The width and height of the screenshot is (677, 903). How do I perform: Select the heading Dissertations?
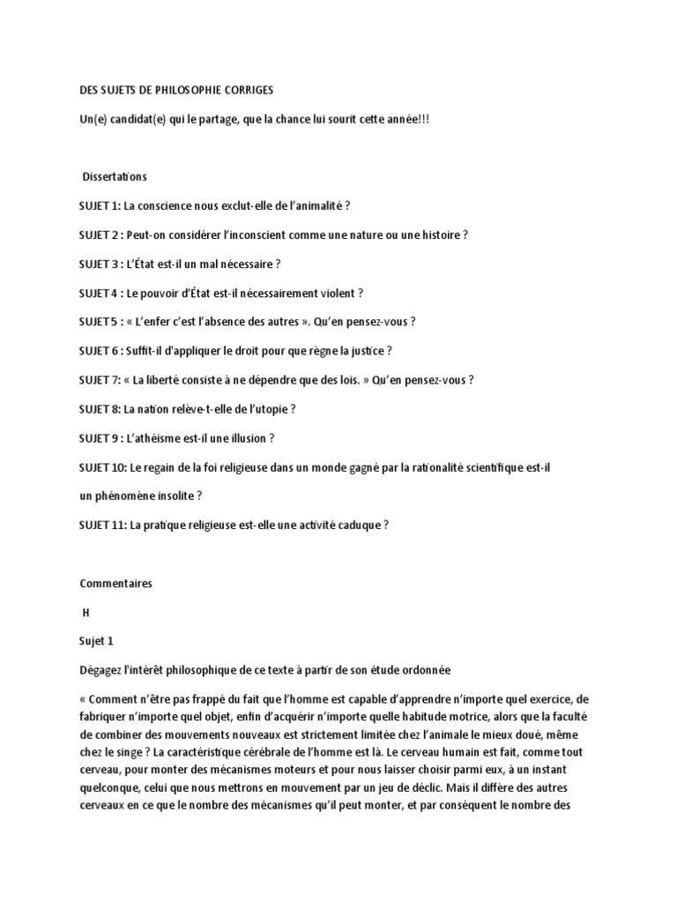pyautogui.click(x=115, y=177)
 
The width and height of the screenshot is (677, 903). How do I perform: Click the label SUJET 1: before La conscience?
pyautogui.click(x=99, y=206)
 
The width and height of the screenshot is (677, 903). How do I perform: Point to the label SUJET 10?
pyautogui.click(x=101, y=467)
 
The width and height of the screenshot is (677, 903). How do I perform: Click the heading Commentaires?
pyautogui.click(x=115, y=583)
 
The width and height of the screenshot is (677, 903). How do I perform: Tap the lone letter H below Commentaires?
pyautogui.click(x=86, y=612)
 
